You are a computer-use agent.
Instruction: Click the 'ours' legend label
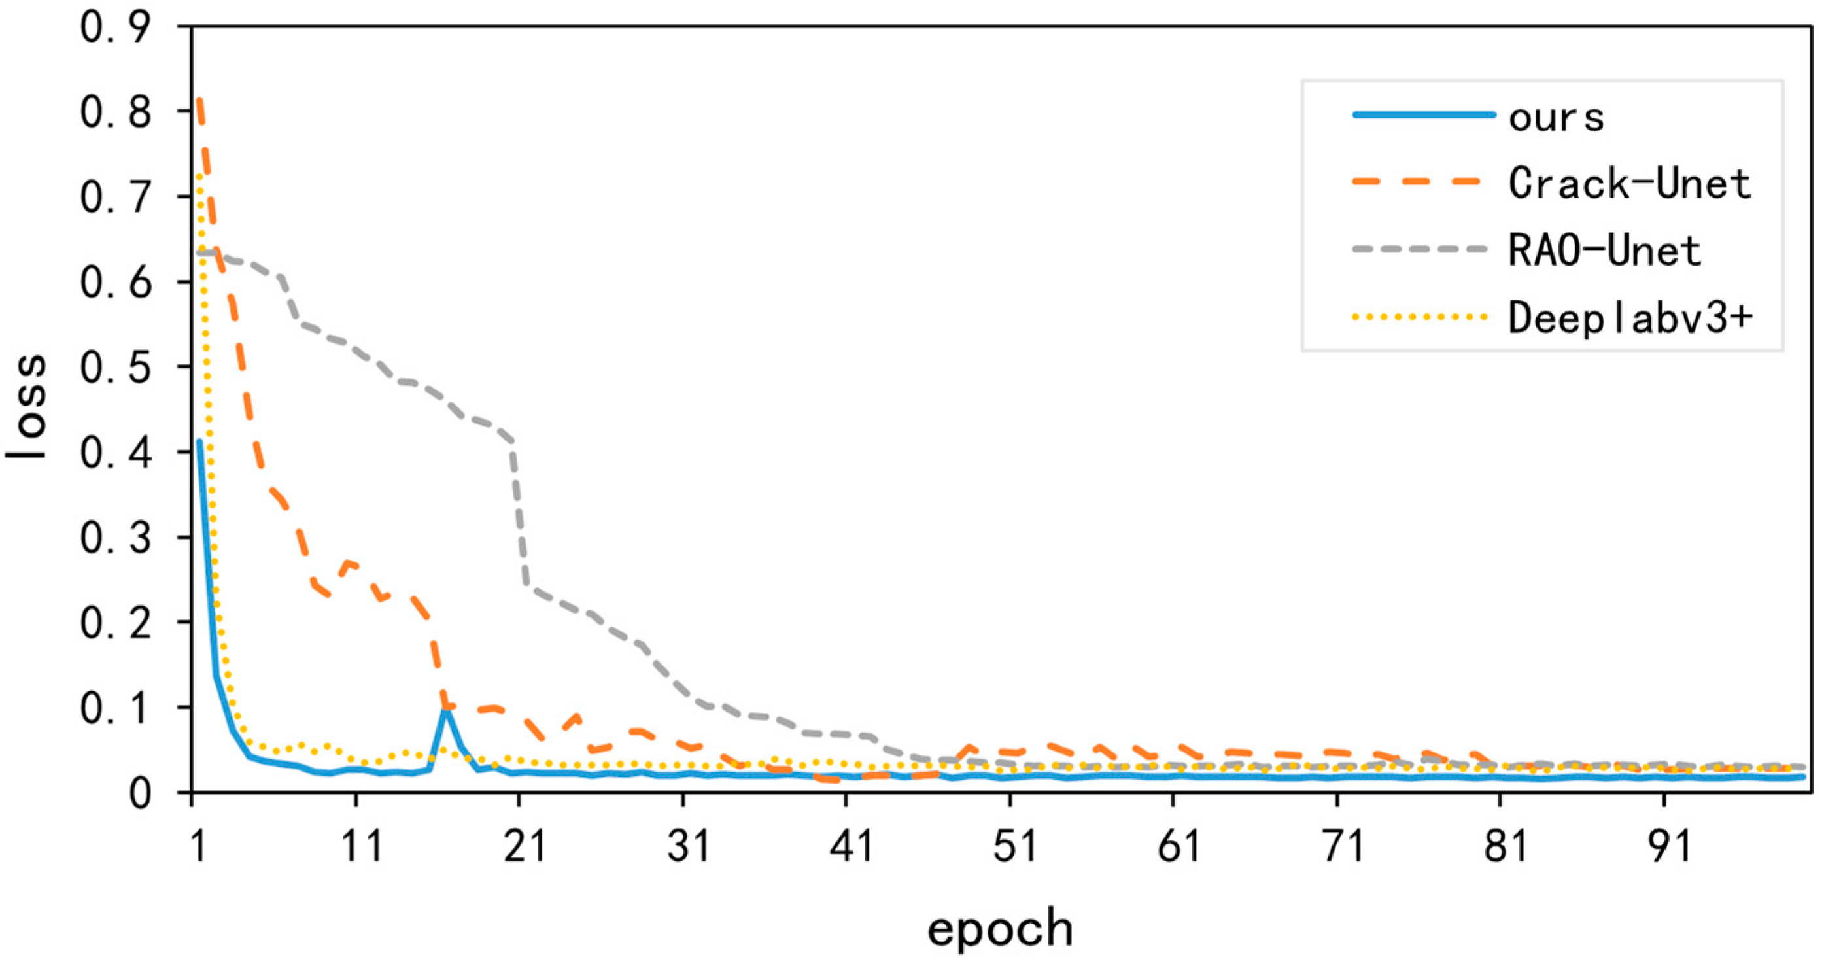tap(1557, 117)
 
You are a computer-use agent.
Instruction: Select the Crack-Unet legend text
tap(1628, 183)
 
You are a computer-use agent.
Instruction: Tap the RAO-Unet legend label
tap(1604, 251)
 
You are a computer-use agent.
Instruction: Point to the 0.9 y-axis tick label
tap(115, 28)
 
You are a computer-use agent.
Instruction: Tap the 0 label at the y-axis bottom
tap(139, 794)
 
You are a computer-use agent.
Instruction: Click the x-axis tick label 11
tap(362, 846)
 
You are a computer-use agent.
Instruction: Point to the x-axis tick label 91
tap(1669, 846)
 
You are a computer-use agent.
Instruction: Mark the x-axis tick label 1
tap(198, 846)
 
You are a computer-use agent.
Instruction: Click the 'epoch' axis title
tap(1000, 928)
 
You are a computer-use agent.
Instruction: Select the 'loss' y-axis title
tap(27, 407)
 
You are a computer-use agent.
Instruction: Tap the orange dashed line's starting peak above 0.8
tap(200, 103)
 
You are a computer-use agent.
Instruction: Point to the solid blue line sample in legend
tap(1423, 114)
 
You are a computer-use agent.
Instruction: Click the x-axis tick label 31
tap(688, 846)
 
